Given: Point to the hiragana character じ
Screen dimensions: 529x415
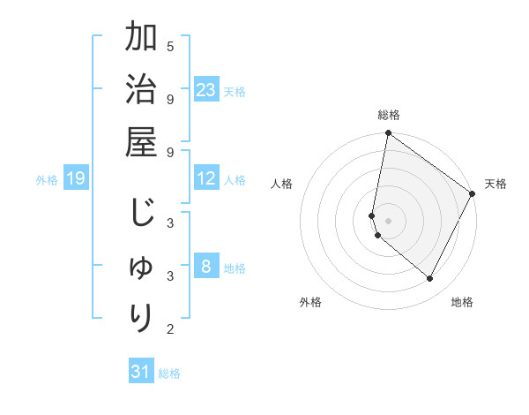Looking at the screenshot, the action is pyautogui.click(x=141, y=214).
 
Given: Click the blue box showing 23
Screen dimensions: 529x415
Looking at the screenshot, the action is pyautogui.click(x=206, y=90).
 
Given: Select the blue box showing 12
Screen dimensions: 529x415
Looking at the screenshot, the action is pyautogui.click(x=206, y=178).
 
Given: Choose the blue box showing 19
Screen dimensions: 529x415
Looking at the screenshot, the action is pyautogui.click(x=75, y=179).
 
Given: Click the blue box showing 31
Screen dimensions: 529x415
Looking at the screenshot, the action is pyautogui.click(x=141, y=372).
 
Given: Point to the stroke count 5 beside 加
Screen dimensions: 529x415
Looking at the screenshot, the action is pyautogui.click(x=170, y=46).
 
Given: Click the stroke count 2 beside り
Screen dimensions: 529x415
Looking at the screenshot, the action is pyautogui.click(x=170, y=329).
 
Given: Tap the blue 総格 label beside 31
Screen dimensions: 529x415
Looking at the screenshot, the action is pyautogui.click(x=169, y=373).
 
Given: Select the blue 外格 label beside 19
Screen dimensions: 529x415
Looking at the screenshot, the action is pyautogui.click(x=47, y=180).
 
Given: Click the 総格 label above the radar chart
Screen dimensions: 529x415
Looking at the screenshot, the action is pyautogui.click(x=389, y=115).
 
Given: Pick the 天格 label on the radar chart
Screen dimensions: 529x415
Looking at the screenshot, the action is pyautogui.click(x=495, y=184).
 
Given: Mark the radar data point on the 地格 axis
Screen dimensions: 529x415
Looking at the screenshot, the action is pyautogui.click(x=430, y=279).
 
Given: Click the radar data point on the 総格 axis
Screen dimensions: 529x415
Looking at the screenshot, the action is pyautogui.click(x=388, y=134).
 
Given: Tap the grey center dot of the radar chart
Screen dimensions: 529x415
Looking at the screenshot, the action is pyautogui.click(x=388, y=220).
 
